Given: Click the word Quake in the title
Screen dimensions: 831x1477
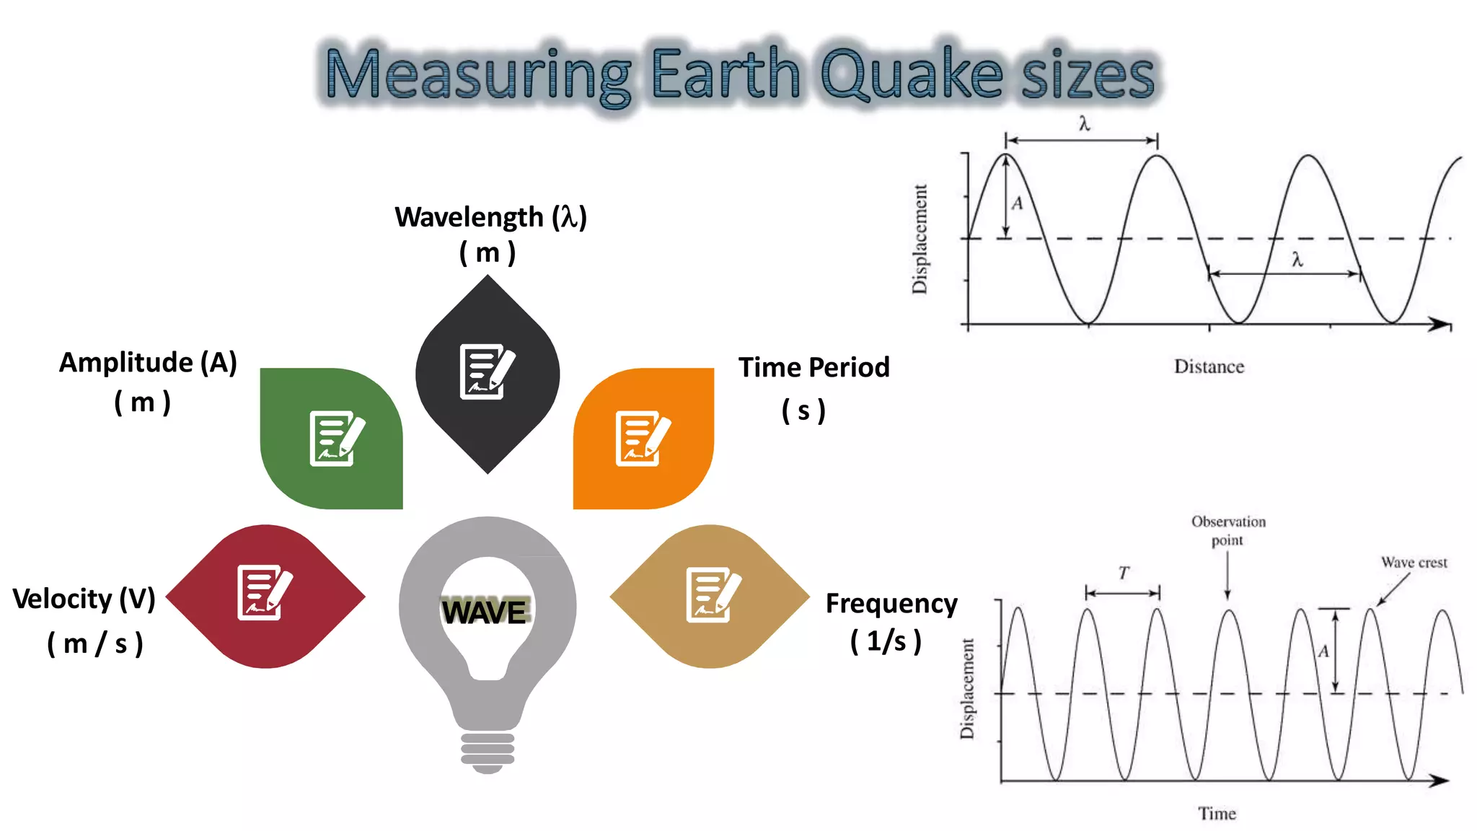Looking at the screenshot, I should [912, 74].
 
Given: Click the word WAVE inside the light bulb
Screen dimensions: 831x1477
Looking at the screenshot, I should [485, 612].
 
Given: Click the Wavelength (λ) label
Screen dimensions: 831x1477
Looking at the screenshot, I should [490, 217].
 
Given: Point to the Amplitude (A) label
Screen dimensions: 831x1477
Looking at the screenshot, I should [148, 362].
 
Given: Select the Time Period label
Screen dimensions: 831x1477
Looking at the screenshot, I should [814, 367].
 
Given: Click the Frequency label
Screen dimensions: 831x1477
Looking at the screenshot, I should [891, 603].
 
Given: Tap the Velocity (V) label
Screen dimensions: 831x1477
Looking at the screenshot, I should [84, 599].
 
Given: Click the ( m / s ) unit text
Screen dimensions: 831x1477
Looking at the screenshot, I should [95, 643].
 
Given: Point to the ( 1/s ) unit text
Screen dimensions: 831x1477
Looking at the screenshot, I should [886, 641].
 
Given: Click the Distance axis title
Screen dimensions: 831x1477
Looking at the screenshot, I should [1209, 366].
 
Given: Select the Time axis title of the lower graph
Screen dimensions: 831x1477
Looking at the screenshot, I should [1217, 814].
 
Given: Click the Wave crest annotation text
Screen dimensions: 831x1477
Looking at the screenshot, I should [1414, 563].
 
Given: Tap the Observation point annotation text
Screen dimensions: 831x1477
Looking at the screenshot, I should [1228, 530].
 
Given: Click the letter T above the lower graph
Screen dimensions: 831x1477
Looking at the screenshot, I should [1124, 573].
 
